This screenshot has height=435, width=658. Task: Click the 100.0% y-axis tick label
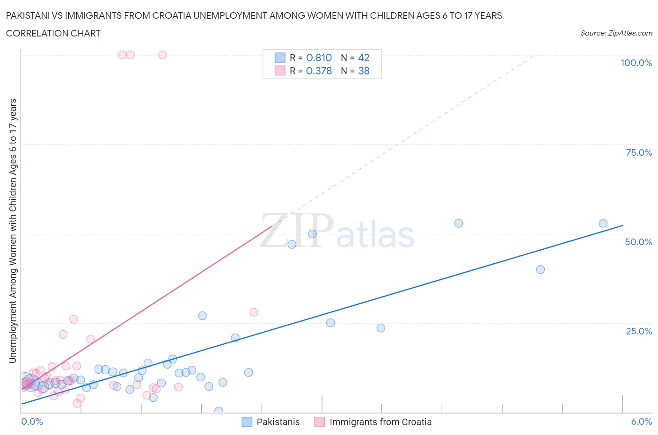[x=636, y=63]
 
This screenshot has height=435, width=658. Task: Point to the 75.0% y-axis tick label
[x=639, y=152]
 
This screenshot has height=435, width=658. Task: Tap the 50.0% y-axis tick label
[x=638, y=242]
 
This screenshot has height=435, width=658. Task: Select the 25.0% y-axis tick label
[x=639, y=331]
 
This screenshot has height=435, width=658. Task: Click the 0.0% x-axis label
[x=32, y=421]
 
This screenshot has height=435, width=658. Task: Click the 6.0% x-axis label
[x=641, y=421]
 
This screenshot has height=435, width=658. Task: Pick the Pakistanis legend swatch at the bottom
[x=247, y=422]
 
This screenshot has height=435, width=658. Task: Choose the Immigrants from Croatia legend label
[x=380, y=422]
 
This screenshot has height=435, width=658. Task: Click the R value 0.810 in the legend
[x=319, y=58]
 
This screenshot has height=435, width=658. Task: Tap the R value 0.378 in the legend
[x=319, y=71]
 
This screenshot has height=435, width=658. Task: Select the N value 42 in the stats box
[x=364, y=58]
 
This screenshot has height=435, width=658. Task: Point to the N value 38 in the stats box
[x=364, y=71]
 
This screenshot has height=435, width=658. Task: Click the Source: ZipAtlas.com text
[x=616, y=33]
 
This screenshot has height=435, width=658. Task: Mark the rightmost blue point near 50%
[x=603, y=224]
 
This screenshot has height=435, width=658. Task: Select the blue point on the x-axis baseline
[x=219, y=411]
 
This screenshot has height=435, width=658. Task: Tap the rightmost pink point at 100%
[x=162, y=55]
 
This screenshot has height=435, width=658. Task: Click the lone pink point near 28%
[x=254, y=312]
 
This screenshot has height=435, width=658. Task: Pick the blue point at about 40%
[x=540, y=269]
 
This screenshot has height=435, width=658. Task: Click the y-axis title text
[x=13, y=231]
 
